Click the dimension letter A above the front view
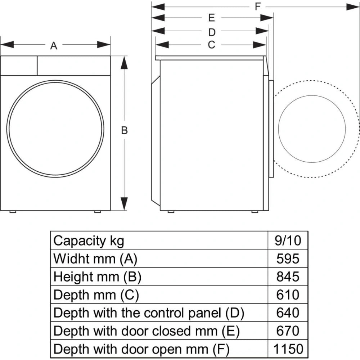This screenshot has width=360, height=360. pyautogui.click(x=54, y=46)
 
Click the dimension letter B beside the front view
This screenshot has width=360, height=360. pyautogui.click(x=124, y=131)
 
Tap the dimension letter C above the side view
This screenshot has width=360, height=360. pyautogui.click(x=211, y=45)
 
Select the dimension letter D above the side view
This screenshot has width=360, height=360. pyautogui.click(x=212, y=32)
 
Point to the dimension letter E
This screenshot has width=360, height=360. pyautogui.click(x=211, y=18)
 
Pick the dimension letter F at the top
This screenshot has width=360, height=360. pyautogui.click(x=258, y=6)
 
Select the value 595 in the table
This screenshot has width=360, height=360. pyautogui.click(x=288, y=258)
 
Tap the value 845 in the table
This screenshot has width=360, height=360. pyautogui.click(x=288, y=276)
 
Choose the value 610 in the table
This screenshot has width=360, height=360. pyautogui.click(x=288, y=294)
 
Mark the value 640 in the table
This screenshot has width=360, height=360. pyautogui.click(x=288, y=312)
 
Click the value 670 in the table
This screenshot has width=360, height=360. pyautogui.click(x=288, y=330)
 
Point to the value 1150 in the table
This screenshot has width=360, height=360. pyautogui.click(x=288, y=348)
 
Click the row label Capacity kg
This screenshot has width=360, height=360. pyautogui.click(x=89, y=240)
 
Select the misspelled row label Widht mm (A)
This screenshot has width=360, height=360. pyautogui.click(x=95, y=258)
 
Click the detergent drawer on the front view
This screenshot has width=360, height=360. pyautogui.click(x=19, y=66)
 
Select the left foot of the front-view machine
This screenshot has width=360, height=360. pyautogui.click(x=13, y=212)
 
